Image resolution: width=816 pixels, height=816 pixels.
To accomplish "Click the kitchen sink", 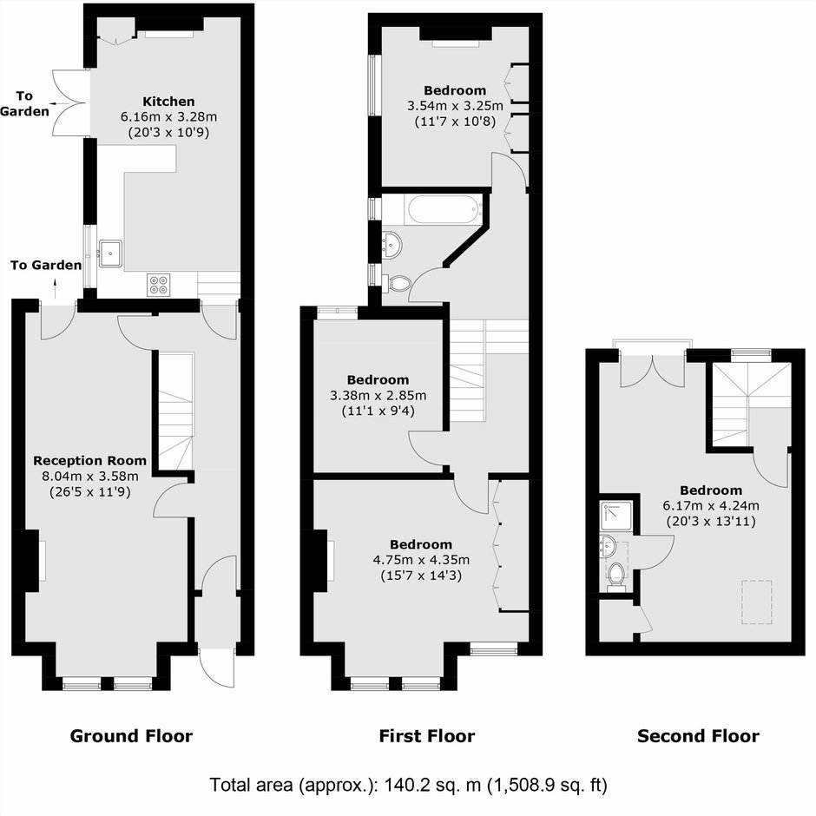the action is pyautogui.click(x=110, y=253).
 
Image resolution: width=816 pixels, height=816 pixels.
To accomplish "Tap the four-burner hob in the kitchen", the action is pyautogui.click(x=158, y=285).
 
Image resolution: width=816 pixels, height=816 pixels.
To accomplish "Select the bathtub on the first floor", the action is pyautogui.click(x=443, y=210).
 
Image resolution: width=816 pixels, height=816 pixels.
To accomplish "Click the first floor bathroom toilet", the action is pyautogui.click(x=398, y=283).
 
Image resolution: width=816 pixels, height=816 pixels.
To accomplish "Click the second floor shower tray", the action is pyautogui.click(x=616, y=515).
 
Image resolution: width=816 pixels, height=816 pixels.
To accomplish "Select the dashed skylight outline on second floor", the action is pyautogui.click(x=757, y=602).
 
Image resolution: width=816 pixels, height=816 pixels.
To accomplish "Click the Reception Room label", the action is pyautogui.click(x=90, y=461).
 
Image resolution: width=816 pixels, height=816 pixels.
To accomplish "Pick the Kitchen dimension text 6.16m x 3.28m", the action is pyautogui.click(x=168, y=116).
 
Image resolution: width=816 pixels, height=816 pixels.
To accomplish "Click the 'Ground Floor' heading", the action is pyautogui.click(x=131, y=736).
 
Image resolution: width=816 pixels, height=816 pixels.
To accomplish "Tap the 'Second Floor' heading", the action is pyautogui.click(x=698, y=736).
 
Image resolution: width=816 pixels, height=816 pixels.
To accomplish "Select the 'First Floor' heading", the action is pyautogui.click(x=427, y=736).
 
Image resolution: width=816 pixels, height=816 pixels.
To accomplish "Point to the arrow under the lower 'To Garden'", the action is pyautogui.click(x=56, y=288).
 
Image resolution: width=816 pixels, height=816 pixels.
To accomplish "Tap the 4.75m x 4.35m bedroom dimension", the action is pyautogui.click(x=421, y=560).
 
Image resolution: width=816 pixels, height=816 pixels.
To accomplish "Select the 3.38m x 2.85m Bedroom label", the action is pyautogui.click(x=378, y=380).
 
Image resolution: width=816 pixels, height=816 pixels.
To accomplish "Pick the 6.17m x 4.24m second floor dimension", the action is pyautogui.click(x=711, y=505).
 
